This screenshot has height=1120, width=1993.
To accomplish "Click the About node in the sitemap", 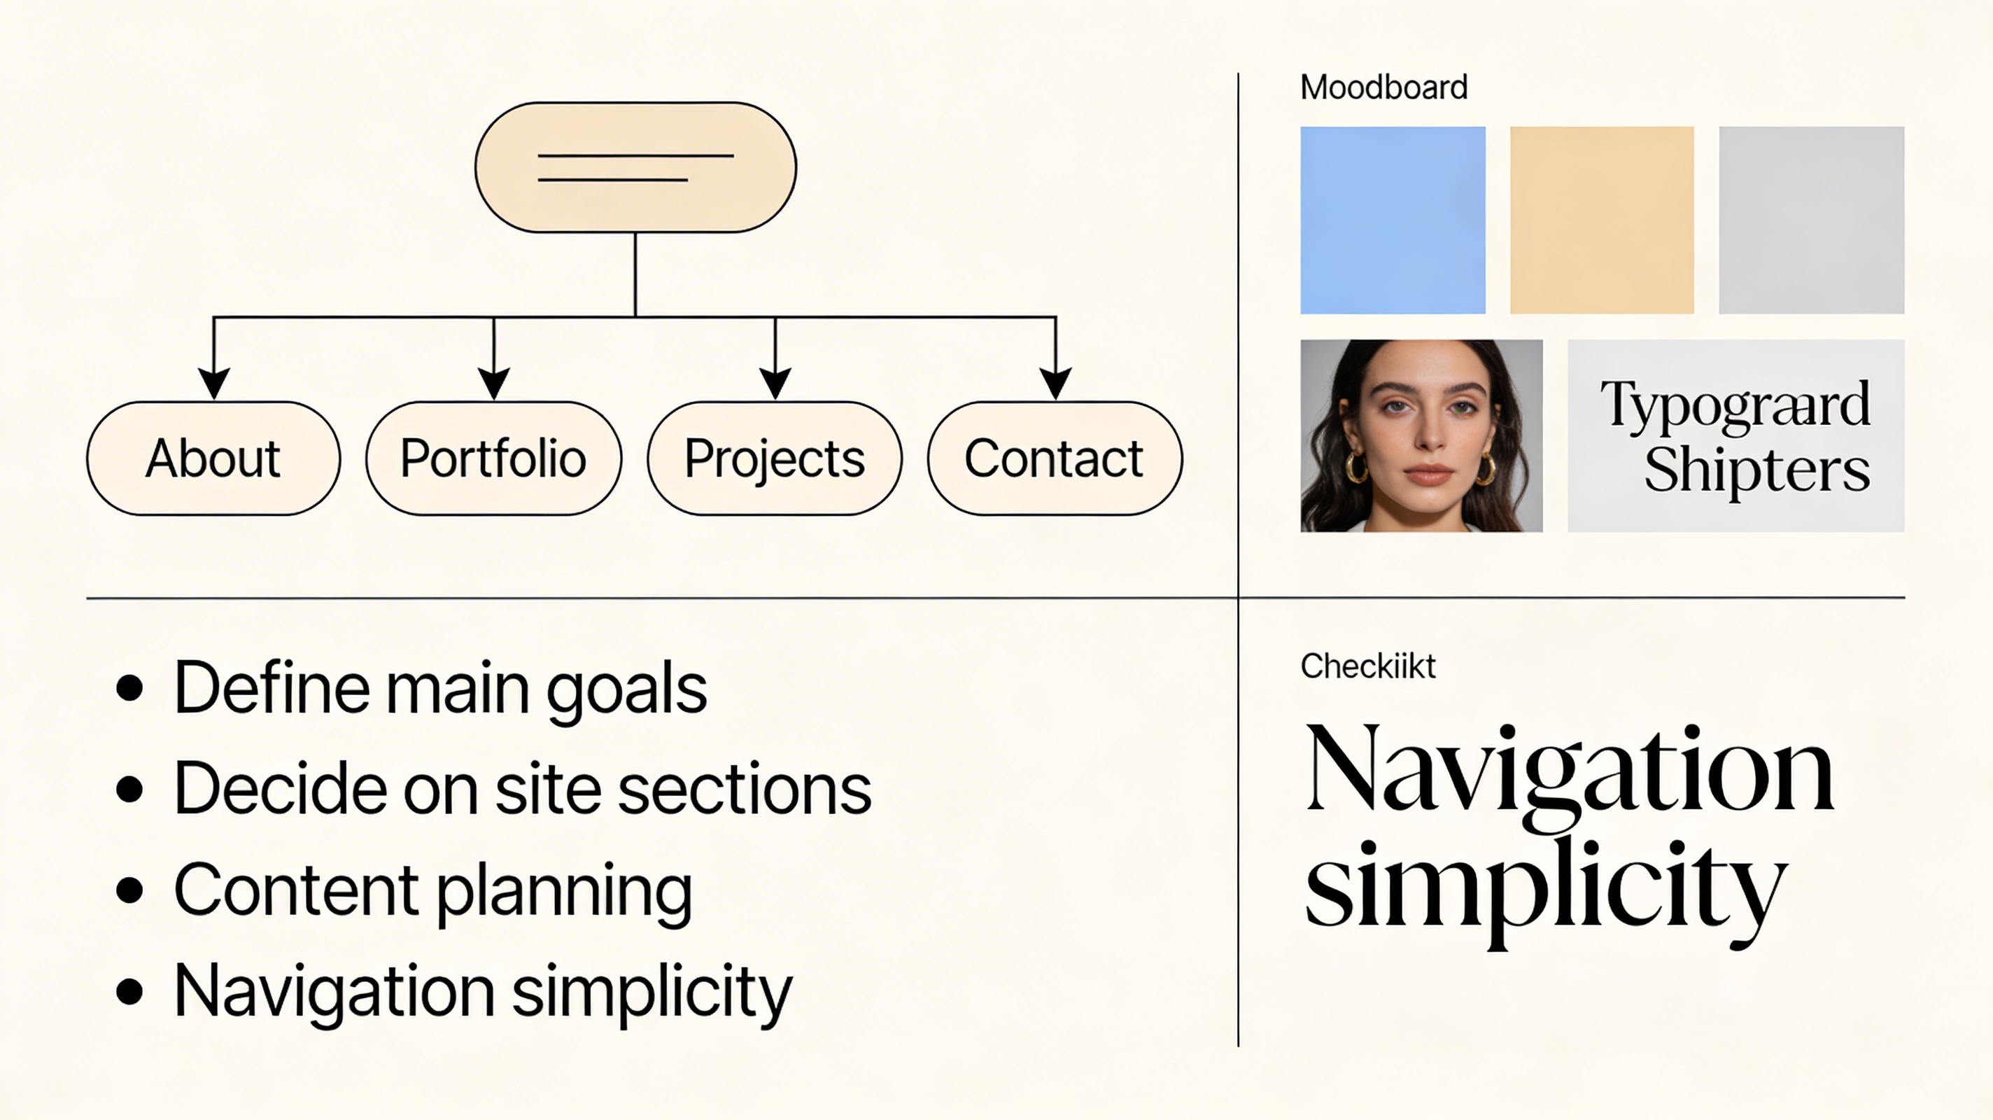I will click(x=213, y=458).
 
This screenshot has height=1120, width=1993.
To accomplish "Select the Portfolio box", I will click(x=493, y=458).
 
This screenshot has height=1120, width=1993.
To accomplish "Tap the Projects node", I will click(x=775, y=458).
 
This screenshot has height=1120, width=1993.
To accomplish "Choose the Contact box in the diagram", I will click(x=1055, y=458).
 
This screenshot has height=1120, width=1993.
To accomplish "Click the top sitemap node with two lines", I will click(x=635, y=167).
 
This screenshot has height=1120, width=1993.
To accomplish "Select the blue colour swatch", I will click(x=1393, y=220).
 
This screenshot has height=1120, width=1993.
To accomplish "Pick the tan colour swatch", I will click(x=1602, y=220).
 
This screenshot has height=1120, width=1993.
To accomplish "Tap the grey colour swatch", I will click(x=1811, y=220).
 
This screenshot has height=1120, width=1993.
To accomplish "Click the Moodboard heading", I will click(x=1383, y=87).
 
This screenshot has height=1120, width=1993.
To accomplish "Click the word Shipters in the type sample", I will click(x=1756, y=470).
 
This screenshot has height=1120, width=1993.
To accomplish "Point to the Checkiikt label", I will click(x=1367, y=666).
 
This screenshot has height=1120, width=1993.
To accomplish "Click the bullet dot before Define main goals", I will click(x=129, y=688).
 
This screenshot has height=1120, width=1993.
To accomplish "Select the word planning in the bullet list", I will click(x=564, y=892).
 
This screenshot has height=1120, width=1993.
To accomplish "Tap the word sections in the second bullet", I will click(x=745, y=790).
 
